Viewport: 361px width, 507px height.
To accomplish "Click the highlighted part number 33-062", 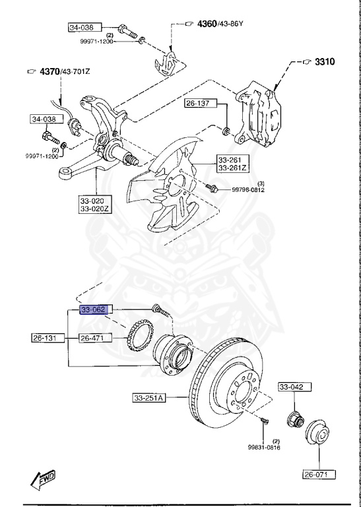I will point(97,309).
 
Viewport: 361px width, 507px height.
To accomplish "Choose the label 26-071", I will point(319,474).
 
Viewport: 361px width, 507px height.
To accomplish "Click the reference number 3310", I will point(325,62).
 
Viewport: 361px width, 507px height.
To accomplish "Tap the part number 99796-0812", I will point(248,190).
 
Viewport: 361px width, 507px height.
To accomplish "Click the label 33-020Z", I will point(97,209).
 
